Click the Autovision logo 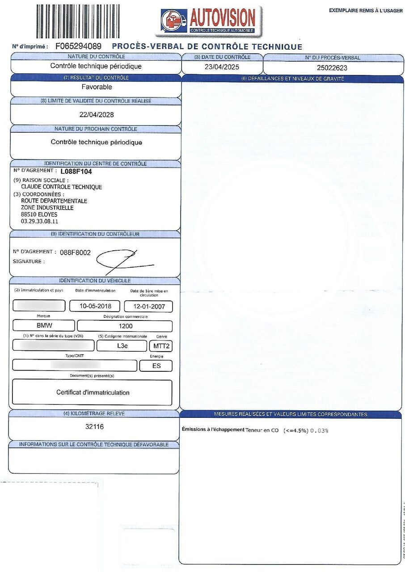209,21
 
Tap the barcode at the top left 78,21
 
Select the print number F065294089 78,46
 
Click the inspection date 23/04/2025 222,67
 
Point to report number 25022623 332,68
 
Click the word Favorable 97,87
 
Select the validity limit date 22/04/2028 97,114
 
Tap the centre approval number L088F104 79,171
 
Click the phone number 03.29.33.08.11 40,221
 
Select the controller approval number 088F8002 75,252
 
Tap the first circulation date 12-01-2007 148,307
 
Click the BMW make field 44,326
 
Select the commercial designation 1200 125,326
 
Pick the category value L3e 122,346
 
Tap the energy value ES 156,366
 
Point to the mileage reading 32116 94,427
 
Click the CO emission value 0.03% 319,430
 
